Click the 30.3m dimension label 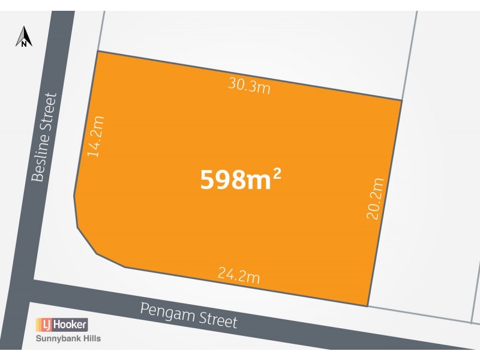(249, 86)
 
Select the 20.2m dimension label (376, 198)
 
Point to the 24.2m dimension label (238, 276)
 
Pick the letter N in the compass (23, 43)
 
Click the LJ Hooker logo (62, 325)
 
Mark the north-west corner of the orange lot (98, 52)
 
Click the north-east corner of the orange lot (401, 100)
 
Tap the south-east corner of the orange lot (367, 306)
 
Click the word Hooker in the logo (71, 325)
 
